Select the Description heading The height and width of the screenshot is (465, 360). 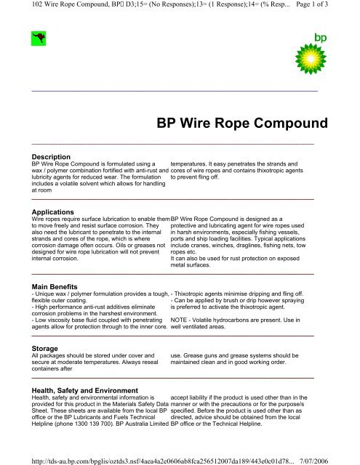pyautogui.click(x=49, y=156)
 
